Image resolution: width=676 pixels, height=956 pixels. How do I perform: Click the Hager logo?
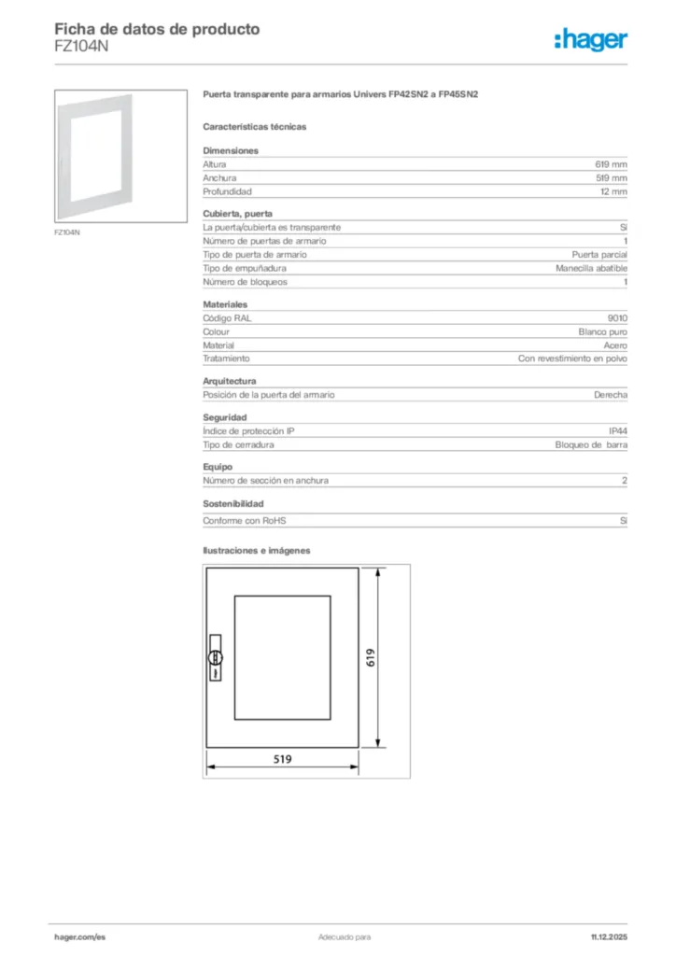[590, 39]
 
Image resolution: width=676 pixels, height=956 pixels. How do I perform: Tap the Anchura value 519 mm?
[612, 177]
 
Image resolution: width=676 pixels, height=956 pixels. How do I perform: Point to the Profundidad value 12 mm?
[613, 191]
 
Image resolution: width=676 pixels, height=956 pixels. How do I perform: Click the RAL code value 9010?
[617, 318]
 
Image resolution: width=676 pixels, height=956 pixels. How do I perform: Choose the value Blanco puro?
[602, 331]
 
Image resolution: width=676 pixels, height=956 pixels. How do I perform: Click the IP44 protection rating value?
[617, 430]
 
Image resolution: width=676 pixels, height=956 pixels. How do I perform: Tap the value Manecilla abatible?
[591, 268]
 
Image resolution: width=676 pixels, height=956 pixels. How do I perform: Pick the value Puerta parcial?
[599, 254]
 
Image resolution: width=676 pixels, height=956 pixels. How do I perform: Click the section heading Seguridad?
[225, 416]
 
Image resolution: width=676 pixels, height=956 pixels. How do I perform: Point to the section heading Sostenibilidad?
[233, 503]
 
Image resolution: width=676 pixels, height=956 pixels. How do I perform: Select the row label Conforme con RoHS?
[245, 521]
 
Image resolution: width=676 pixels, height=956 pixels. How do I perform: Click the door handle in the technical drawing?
[214, 655]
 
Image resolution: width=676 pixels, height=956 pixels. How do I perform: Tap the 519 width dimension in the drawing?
[282, 760]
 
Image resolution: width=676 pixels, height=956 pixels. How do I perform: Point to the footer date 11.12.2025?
[609, 936]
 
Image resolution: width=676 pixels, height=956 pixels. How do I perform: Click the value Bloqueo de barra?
[591, 444]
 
